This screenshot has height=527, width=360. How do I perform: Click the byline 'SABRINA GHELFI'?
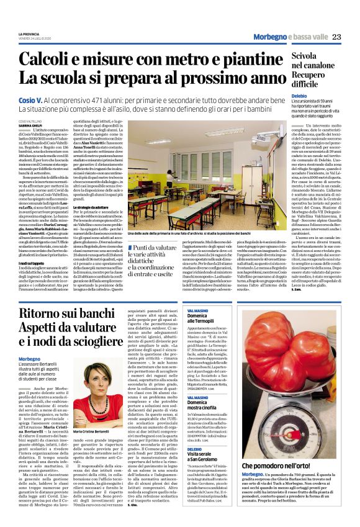pos(29,126)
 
